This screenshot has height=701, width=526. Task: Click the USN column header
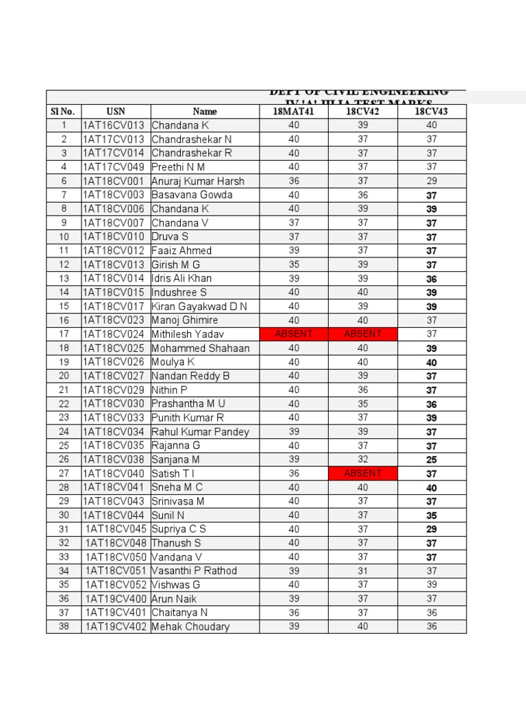116,111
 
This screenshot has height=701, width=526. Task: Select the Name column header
205,111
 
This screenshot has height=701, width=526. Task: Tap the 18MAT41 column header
293,111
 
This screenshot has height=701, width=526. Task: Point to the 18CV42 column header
362,111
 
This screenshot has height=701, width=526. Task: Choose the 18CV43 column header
431,111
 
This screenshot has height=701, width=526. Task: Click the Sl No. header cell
64,111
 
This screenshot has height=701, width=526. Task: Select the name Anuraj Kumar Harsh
198,181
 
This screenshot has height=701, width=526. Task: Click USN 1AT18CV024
114,334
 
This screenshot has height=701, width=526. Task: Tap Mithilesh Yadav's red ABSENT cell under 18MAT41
293,334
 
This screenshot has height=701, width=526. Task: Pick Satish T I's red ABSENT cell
362,473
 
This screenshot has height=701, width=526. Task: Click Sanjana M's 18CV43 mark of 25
431,459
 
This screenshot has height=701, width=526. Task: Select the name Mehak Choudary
190,626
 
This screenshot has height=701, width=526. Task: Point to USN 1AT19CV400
116,598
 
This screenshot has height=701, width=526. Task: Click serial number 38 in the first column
64,626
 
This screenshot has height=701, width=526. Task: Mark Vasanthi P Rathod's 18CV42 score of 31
362,571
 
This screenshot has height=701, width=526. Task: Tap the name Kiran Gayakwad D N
199,306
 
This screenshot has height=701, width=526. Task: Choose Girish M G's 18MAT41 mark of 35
293,264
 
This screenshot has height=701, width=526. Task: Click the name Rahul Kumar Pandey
200,431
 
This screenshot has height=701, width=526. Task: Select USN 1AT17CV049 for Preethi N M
114,167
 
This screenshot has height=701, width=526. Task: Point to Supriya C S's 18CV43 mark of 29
431,529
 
